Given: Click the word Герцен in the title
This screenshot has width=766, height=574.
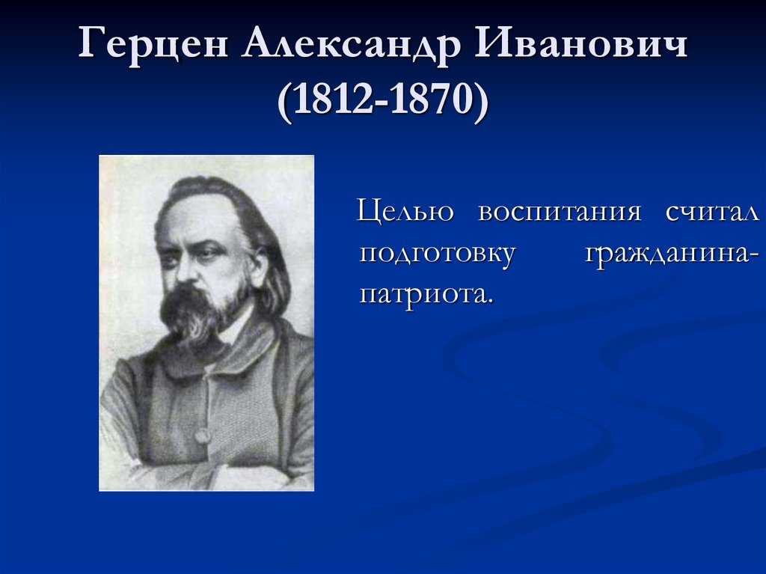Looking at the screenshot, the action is coord(153,44).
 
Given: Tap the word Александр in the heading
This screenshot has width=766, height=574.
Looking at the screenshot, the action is coord(352,44).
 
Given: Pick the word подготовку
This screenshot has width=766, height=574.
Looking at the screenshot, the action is coord(437,254).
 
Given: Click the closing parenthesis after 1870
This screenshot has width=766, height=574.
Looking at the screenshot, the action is coord(481,100).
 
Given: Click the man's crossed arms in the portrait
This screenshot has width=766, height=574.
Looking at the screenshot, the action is coord(205,471).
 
